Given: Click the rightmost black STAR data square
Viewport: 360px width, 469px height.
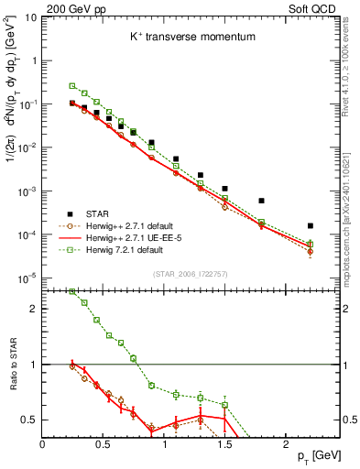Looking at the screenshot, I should tap(311, 225).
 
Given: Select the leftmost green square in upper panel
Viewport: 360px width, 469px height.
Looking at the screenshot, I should tap(72, 86).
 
